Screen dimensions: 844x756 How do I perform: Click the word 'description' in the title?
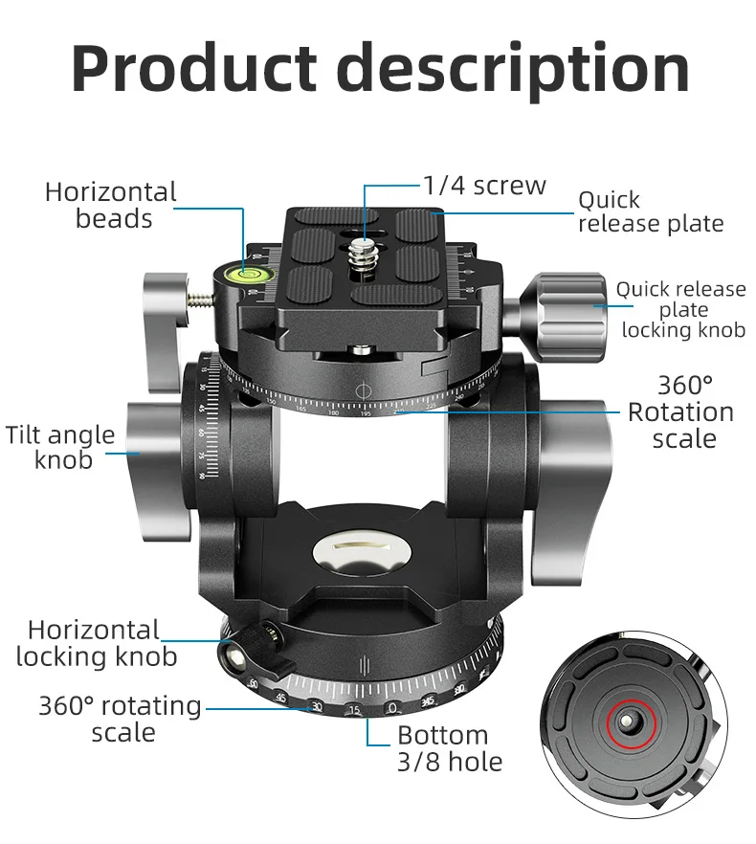tap(517, 69)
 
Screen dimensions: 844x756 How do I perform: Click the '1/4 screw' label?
tap(484, 185)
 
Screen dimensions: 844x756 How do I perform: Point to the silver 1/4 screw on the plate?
tap(364, 254)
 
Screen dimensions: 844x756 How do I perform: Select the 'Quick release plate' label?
tap(650, 212)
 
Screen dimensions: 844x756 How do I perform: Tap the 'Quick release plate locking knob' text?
tap(681, 309)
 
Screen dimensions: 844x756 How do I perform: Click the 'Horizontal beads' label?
tap(112, 206)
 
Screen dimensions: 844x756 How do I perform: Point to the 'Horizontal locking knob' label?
tap(96, 643)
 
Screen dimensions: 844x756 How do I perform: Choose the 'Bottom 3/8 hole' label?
tap(449, 748)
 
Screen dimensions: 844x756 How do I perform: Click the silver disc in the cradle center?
tap(358, 552)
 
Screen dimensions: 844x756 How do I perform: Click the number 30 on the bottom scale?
tap(316, 707)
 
